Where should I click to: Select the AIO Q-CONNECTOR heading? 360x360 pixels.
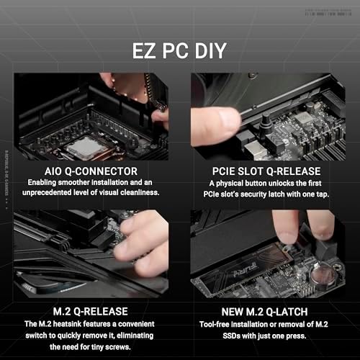click(89, 171)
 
